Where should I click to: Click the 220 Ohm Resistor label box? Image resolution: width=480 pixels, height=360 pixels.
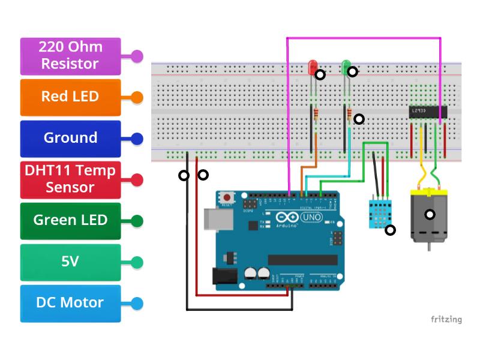(x=70, y=56)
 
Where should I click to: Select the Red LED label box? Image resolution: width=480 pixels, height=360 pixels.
(x=70, y=97)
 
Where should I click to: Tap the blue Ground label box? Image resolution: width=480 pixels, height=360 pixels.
(x=70, y=138)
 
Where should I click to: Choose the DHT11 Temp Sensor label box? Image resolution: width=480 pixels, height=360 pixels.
(x=70, y=179)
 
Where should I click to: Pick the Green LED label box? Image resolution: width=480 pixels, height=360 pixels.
(x=70, y=220)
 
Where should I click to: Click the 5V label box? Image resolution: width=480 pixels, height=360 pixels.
(x=70, y=262)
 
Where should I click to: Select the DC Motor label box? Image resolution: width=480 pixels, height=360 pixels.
(x=70, y=302)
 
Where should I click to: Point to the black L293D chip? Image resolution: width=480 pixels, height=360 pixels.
(x=428, y=112)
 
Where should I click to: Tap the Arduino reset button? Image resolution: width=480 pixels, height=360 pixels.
(x=227, y=197)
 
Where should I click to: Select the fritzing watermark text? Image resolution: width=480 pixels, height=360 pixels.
(x=446, y=319)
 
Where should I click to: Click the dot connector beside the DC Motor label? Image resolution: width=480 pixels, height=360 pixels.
(x=137, y=303)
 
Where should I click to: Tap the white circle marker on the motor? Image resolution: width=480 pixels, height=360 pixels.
(x=430, y=214)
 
